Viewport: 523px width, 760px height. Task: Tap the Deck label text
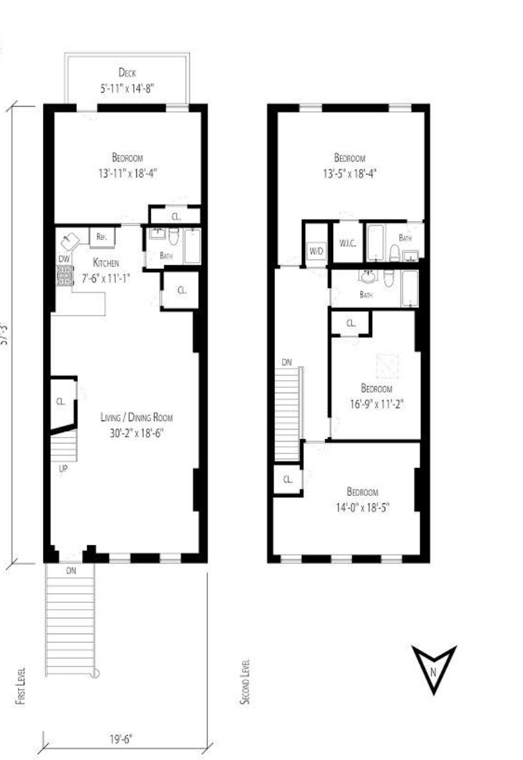tap(127, 73)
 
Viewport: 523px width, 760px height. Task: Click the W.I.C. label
tap(348, 242)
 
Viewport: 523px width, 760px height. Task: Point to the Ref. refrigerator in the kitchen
tap(103, 236)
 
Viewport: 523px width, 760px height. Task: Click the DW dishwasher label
tap(64, 259)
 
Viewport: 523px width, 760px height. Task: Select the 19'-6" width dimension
tap(124, 735)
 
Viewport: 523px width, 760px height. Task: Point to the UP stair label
tap(64, 468)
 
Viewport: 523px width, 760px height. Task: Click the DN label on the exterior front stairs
tap(71, 569)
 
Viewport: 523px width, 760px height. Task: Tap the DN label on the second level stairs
tap(287, 362)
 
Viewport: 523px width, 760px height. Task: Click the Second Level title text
tap(246, 681)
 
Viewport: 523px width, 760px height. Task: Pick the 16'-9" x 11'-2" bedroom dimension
tap(376, 403)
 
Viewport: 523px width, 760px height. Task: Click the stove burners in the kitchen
tap(64, 275)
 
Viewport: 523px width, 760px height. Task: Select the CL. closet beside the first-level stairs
tap(60, 401)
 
